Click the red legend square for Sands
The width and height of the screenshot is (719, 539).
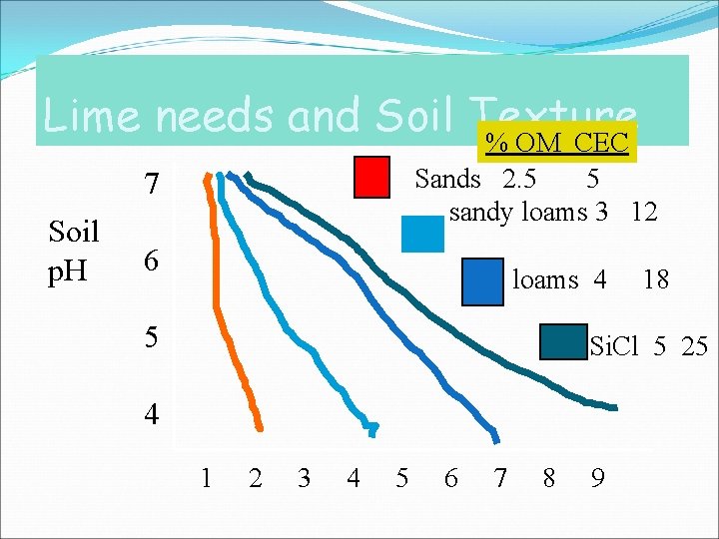372,179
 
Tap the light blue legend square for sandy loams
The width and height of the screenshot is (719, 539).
422,234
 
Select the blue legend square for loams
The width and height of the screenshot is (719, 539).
483,281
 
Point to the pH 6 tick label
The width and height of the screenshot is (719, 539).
150,261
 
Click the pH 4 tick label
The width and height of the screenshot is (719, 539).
150,413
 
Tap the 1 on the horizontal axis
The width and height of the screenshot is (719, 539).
206,479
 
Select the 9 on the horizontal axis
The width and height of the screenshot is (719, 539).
596,479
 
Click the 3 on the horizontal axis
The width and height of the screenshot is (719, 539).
304,479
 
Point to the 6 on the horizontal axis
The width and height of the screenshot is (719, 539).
450,479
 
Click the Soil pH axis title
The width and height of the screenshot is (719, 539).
74,253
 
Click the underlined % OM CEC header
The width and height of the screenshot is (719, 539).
556,143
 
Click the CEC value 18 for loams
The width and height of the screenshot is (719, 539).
656,280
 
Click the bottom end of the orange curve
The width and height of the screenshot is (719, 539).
260,427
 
